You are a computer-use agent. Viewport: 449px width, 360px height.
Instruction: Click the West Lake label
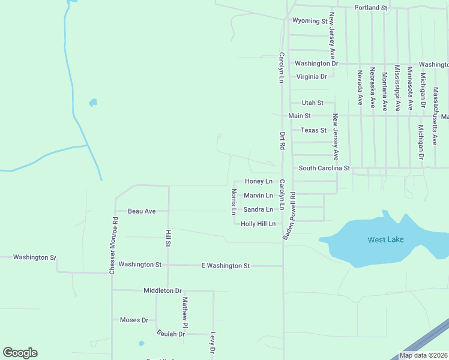385,240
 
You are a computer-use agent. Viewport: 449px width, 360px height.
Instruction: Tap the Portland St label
370,8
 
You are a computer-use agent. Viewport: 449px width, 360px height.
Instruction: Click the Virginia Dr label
312,77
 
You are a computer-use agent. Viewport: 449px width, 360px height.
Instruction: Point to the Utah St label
312,103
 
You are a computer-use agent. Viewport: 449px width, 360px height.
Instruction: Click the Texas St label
313,130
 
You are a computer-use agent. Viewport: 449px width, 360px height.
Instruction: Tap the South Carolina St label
324,169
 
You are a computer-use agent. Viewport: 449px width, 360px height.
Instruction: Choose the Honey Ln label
258,181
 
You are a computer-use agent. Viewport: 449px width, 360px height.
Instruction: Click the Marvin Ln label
258,196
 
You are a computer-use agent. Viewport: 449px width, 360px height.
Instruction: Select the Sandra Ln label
258,209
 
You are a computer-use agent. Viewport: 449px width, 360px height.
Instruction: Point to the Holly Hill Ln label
258,224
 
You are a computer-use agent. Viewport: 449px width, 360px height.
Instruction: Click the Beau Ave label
142,211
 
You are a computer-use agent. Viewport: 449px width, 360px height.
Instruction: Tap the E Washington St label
225,265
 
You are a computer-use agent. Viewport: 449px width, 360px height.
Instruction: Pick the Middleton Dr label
162,290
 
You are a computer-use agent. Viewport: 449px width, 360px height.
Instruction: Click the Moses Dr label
134,320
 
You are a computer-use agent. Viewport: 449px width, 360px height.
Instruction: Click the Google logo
20,353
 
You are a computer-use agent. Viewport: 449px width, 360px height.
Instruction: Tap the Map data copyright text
423,355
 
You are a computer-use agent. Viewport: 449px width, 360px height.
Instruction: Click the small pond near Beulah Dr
141,344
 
